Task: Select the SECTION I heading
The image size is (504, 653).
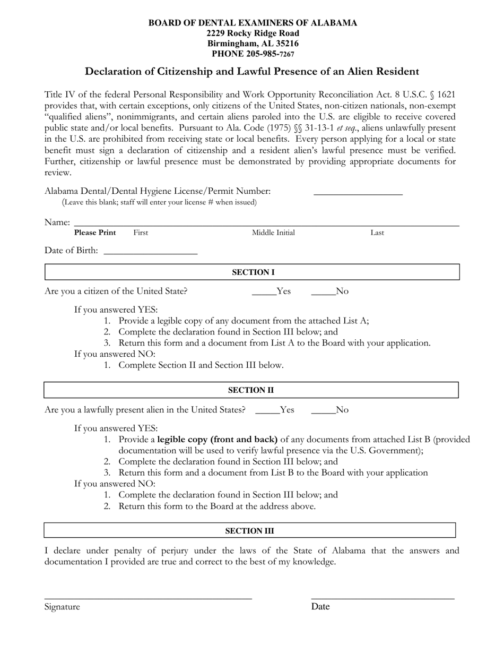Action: (x=253, y=272)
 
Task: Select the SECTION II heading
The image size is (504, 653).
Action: (x=251, y=390)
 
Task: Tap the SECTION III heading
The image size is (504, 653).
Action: (x=250, y=531)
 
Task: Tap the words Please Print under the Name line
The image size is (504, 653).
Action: (x=95, y=233)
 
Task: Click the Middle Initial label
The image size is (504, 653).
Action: (x=273, y=233)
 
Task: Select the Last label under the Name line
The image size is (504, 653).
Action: (x=377, y=233)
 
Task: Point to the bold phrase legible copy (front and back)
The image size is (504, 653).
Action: (x=218, y=440)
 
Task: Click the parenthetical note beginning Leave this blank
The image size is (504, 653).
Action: (x=159, y=202)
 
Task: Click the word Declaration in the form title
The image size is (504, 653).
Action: (x=113, y=71)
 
